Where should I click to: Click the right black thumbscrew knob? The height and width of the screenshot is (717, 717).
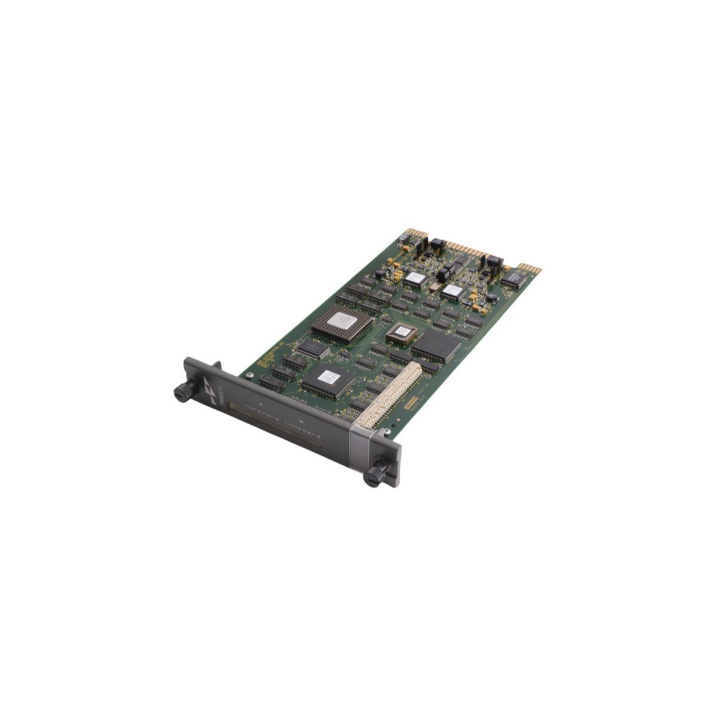point(375,476)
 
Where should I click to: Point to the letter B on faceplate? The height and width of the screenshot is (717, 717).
point(300,420)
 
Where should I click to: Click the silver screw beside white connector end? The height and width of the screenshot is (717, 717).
point(387,428)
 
